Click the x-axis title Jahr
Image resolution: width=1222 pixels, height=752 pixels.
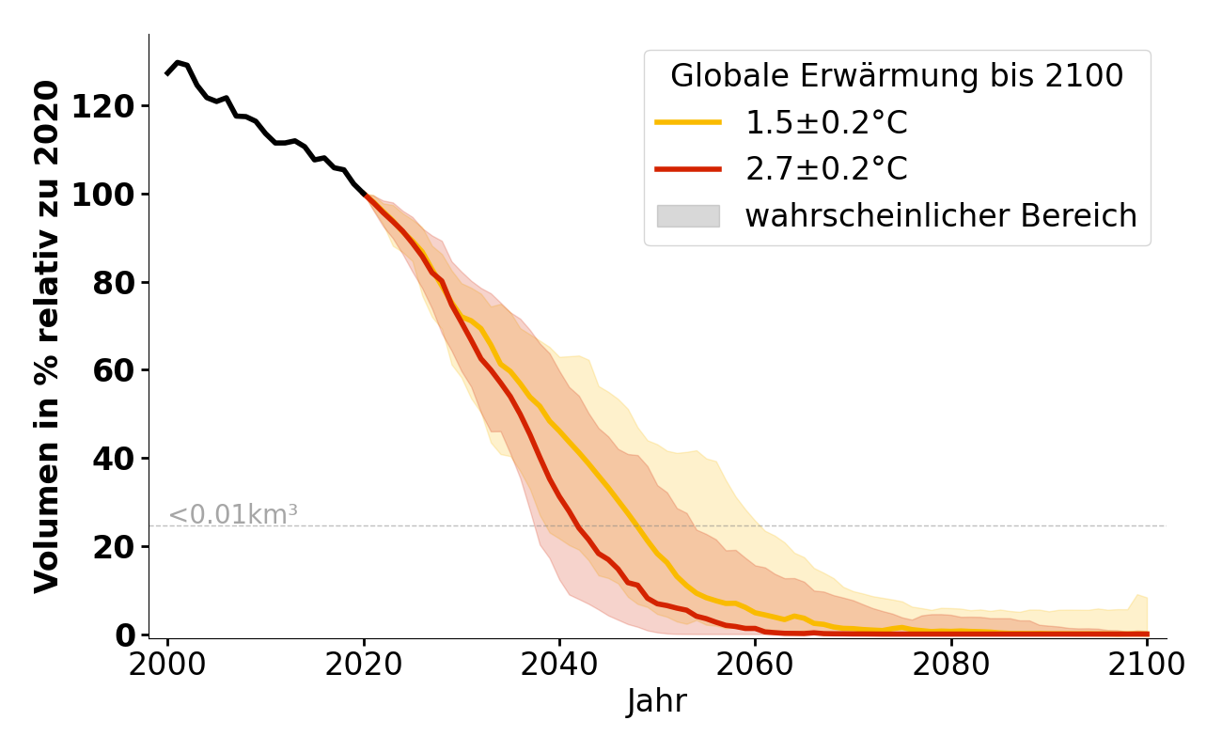point(657,701)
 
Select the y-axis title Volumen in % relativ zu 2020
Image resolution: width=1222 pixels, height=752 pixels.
point(47,337)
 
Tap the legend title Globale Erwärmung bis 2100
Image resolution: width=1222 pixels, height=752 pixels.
point(897,76)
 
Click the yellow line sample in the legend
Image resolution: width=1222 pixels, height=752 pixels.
point(688,122)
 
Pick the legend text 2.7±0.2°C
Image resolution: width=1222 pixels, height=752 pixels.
point(826,169)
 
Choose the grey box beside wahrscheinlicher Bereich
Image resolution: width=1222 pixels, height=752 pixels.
point(688,216)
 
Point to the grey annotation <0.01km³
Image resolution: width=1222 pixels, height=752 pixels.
point(233,515)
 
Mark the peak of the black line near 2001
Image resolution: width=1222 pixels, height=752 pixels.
point(177,62)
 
